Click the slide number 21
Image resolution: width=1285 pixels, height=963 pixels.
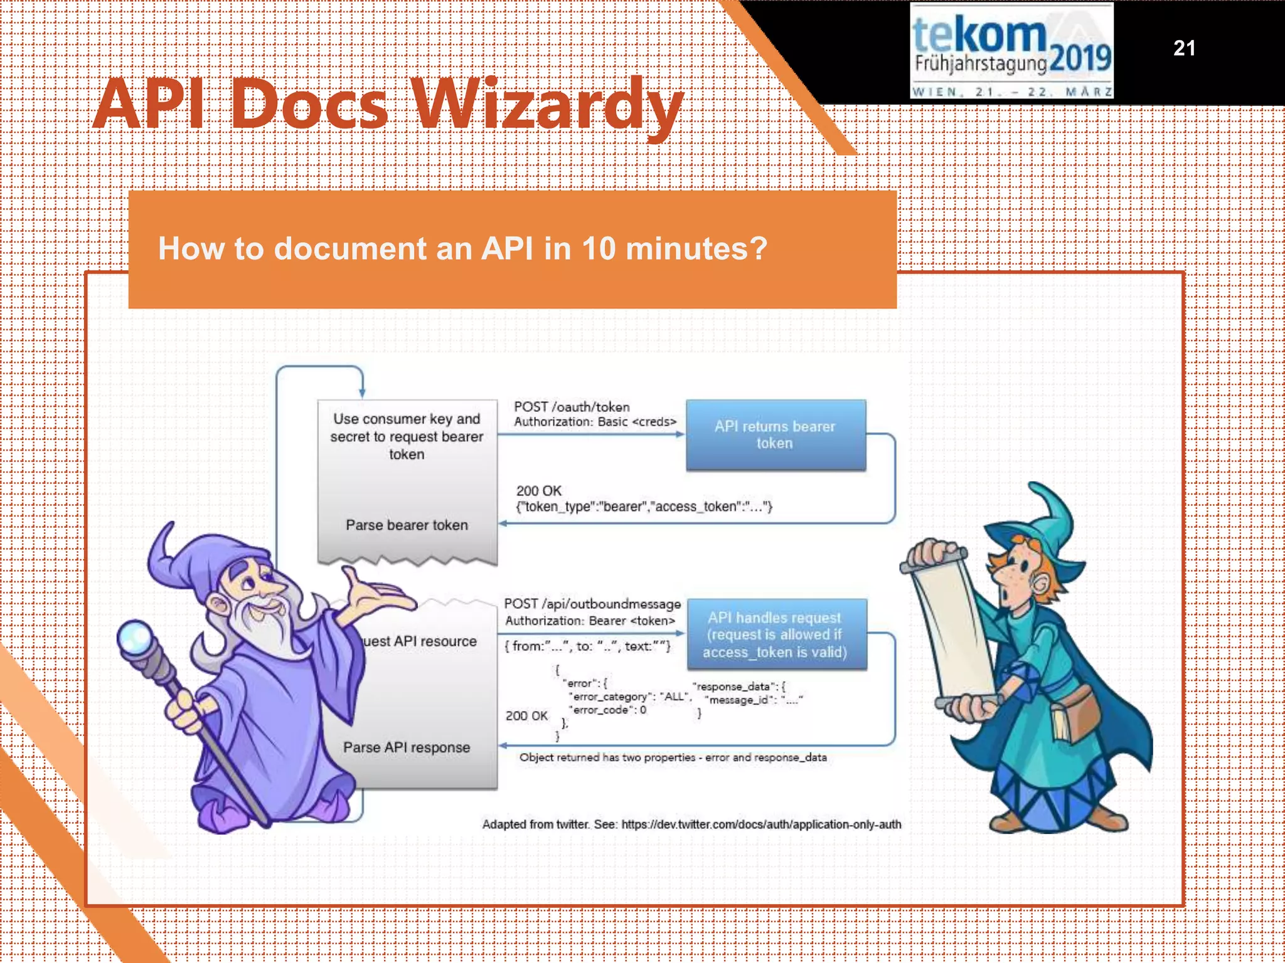tap(1183, 48)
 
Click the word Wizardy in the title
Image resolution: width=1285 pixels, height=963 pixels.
tap(547, 105)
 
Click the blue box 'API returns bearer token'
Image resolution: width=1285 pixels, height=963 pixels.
tap(776, 434)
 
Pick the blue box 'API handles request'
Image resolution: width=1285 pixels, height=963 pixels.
tap(776, 634)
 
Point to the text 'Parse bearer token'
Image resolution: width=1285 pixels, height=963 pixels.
tap(407, 525)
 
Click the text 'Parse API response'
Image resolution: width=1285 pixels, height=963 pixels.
tap(407, 747)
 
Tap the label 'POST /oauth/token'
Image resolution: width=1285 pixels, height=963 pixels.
tap(572, 407)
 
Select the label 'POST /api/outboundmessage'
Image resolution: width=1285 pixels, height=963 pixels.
tap(592, 604)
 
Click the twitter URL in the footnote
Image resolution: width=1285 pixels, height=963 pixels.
tap(760, 824)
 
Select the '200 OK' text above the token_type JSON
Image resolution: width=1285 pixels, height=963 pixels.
tap(538, 491)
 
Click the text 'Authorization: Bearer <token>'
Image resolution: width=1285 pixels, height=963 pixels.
tap(590, 621)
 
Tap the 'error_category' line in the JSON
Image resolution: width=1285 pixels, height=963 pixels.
tap(629, 697)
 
